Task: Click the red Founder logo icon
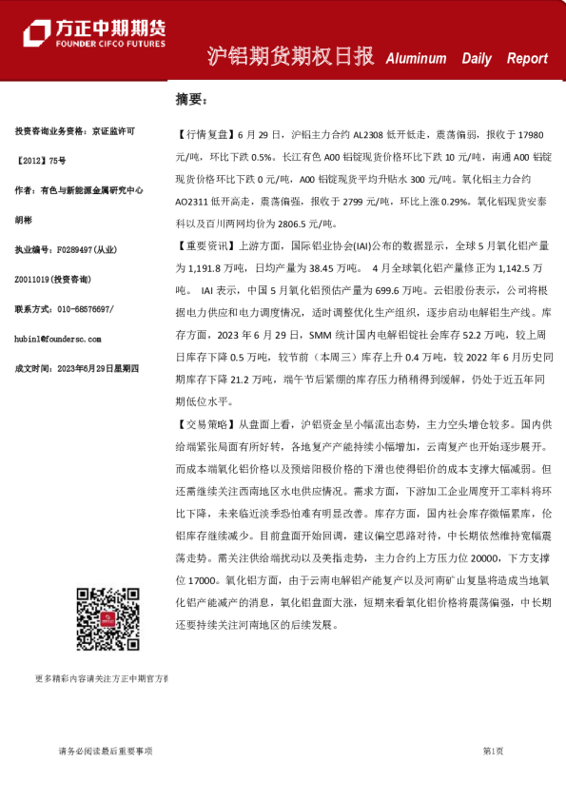coord(36,32)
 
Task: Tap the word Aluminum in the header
coord(416,59)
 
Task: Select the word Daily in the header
coord(477,59)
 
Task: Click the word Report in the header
coord(527,59)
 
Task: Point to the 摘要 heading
coord(189,98)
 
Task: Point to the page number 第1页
coord(493,752)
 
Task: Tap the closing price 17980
coord(530,134)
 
